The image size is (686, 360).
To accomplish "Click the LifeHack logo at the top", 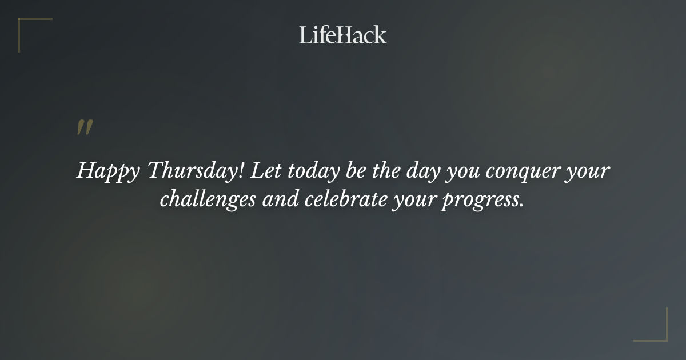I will pyautogui.click(x=342, y=35).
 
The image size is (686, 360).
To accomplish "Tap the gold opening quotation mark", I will pyautogui.click(x=84, y=128).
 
